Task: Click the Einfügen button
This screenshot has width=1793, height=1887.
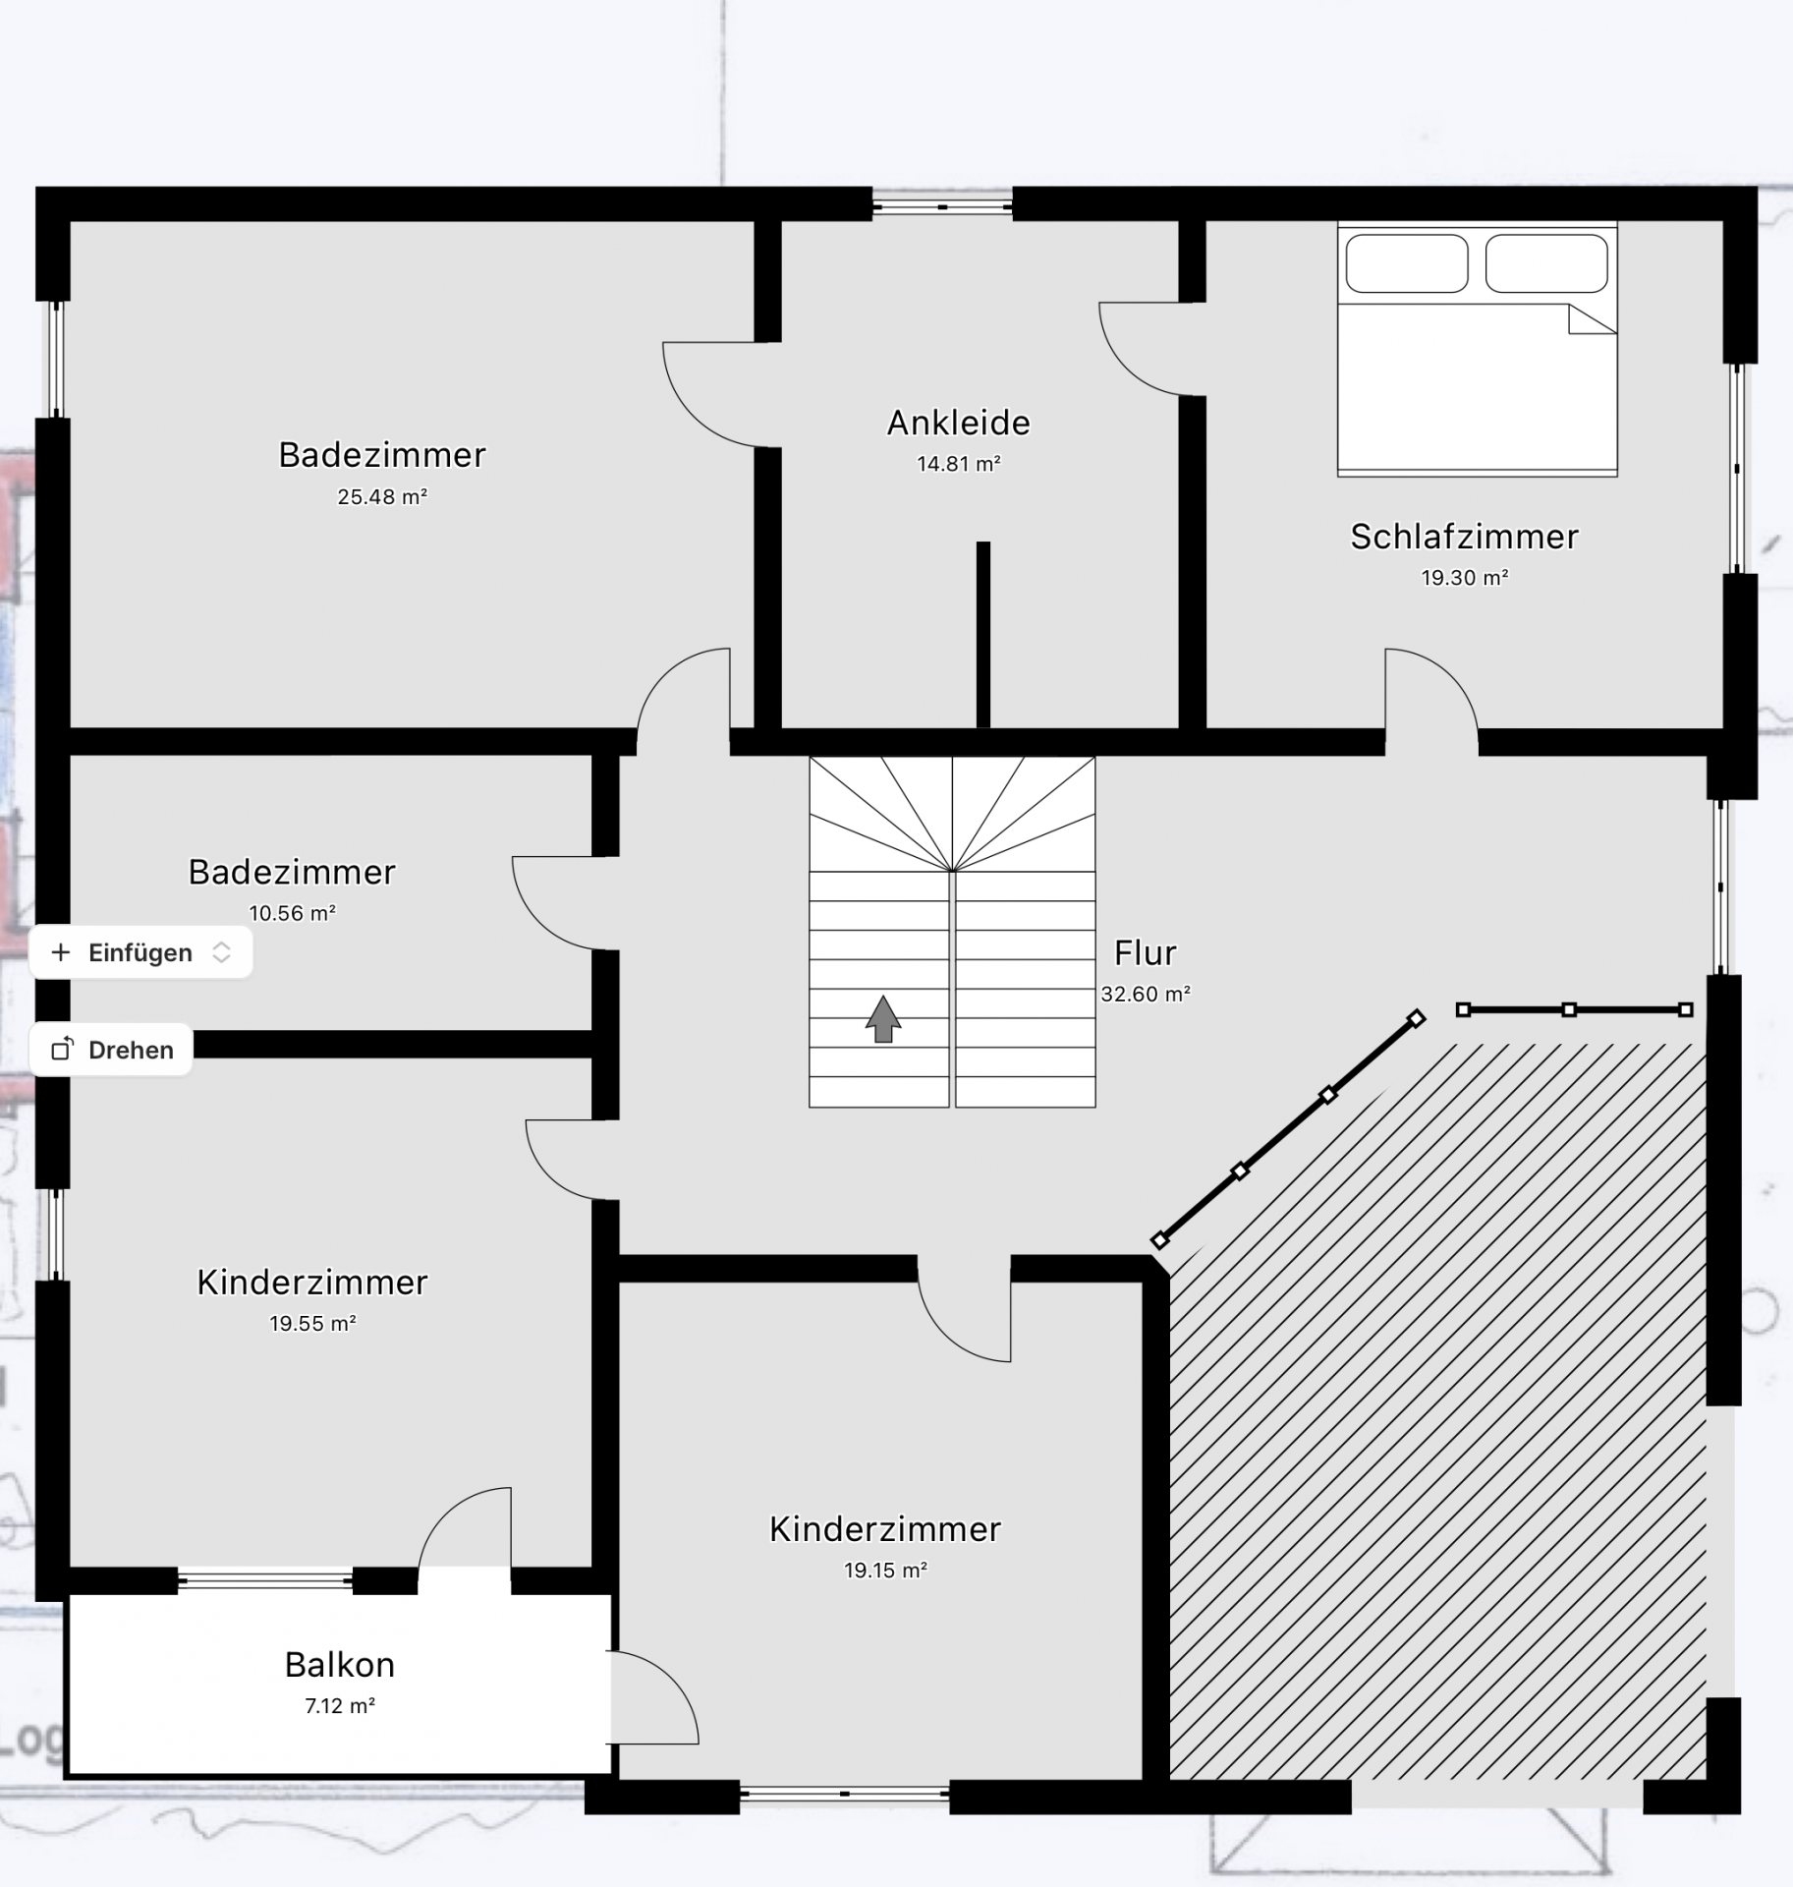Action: [140, 952]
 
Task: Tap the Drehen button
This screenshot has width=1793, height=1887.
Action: [111, 1050]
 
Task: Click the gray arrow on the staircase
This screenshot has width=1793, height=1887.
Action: [883, 1018]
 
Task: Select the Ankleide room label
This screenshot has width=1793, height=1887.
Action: [959, 423]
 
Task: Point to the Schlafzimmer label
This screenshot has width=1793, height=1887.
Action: [1464, 537]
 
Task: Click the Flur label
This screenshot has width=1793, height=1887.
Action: [1146, 952]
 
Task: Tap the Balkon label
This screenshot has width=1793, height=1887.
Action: [340, 1664]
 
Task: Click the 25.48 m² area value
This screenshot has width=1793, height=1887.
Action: [382, 497]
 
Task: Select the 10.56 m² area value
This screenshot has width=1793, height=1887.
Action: [293, 913]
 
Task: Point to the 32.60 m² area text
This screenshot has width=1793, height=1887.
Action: [1146, 994]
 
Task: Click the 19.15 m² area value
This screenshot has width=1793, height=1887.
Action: [885, 1571]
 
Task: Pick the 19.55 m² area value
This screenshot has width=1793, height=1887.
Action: [312, 1324]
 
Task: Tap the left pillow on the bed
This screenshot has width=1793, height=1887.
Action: [1407, 263]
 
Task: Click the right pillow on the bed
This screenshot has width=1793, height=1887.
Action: [1546, 263]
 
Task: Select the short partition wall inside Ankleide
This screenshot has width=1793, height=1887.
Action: [983, 635]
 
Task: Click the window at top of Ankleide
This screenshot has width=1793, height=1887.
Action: [942, 207]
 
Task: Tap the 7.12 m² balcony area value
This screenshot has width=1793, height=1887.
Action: [340, 1705]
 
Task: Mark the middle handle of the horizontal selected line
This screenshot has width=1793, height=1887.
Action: [1569, 1009]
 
